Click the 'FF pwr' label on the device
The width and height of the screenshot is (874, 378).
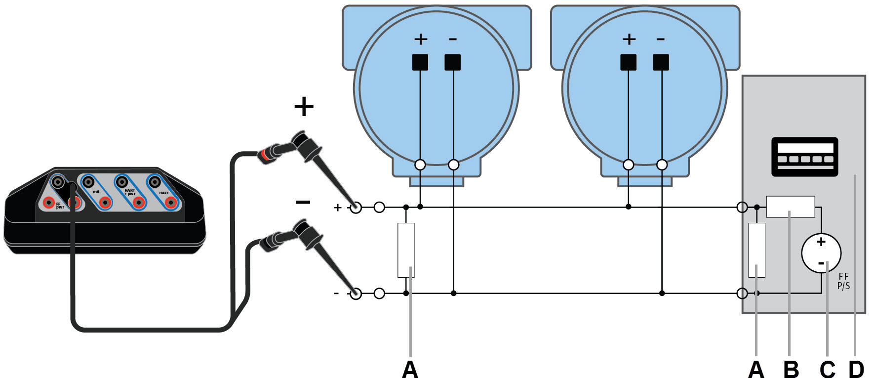coord(59,206)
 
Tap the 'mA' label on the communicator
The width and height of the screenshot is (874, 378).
coord(96,192)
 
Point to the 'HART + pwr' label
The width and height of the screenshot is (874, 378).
coord(130,192)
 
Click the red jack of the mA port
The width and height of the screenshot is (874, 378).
coord(104,202)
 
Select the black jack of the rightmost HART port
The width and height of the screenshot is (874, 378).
coord(155,181)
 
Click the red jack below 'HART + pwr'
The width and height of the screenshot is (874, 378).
coord(139,202)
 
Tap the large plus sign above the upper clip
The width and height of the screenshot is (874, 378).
coord(304,106)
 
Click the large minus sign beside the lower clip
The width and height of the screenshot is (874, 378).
coord(303,202)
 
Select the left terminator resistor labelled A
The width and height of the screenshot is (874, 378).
coord(406,250)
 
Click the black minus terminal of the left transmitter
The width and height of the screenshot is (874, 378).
coord(452,62)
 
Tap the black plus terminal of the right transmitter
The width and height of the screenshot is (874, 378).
coord(628,62)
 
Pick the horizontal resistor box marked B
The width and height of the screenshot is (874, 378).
coord(790,207)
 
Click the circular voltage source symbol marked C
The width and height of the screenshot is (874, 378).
coord(821,253)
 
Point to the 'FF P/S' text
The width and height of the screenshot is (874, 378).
coord(843,281)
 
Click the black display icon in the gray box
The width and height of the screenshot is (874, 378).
coord(804,156)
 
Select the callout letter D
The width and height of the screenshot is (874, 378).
coord(856,369)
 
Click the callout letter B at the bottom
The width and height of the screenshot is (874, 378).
coord(791,369)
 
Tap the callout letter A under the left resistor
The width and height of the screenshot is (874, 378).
coord(410,369)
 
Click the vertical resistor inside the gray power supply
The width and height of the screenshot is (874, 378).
coord(757,250)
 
